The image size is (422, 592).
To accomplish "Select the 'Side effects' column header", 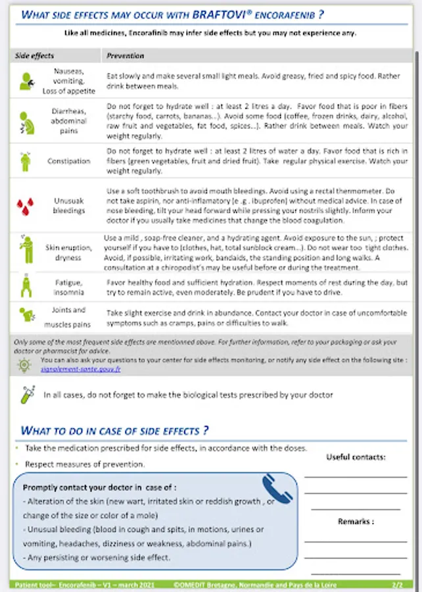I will pyautogui.click(x=34, y=56).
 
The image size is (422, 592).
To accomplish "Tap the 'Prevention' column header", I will pyautogui.click(x=126, y=56).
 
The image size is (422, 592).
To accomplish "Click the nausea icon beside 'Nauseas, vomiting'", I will pyautogui.click(x=26, y=80).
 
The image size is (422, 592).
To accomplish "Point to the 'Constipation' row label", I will pyautogui.click(x=68, y=160).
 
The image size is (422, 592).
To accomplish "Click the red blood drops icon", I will pyautogui.click(x=24, y=205).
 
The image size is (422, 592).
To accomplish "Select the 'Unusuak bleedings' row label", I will pyautogui.click(x=68, y=205).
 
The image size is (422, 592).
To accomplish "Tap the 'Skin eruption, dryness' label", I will pyautogui.click(x=68, y=253).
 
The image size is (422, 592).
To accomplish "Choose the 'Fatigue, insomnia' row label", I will pyautogui.click(x=68, y=287).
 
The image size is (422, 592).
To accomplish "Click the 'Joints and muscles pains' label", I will pyautogui.click(x=68, y=317).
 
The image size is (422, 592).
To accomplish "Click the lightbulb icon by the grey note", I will pyautogui.click(x=24, y=364).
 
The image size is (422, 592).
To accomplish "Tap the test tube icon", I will pyautogui.click(x=26, y=395).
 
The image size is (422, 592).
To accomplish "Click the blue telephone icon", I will pyautogui.click(x=277, y=489).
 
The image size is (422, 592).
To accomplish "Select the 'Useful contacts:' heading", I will pyautogui.click(x=356, y=457).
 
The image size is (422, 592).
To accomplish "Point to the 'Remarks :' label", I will pyautogui.click(x=356, y=522).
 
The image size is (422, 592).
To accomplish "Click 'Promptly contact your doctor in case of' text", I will pyautogui.click(x=99, y=487).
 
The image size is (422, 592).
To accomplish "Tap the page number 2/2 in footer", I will pyautogui.click(x=397, y=583).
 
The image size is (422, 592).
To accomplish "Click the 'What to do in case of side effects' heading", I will pyautogui.click(x=114, y=431).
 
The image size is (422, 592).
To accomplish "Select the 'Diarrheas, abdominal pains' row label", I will pyautogui.click(x=68, y=121).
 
